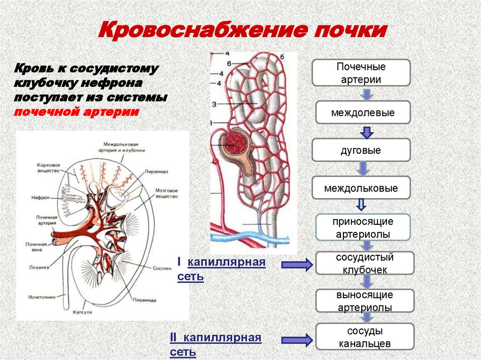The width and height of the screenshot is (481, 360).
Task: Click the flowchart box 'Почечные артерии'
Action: [x=361, y=72]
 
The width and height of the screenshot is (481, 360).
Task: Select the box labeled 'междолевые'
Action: [x=363, y=113]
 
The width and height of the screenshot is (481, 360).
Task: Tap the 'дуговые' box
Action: [x=361, y=151]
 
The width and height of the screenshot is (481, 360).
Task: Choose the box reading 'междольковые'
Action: [x=361, y=188]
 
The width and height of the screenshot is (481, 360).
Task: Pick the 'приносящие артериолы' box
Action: [x=363, y=228]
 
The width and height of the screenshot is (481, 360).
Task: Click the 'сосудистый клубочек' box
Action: [x=365, y=263]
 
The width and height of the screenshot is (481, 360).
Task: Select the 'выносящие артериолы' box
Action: [x=365, y=301]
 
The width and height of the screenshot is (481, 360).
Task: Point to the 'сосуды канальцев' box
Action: [x=365, y=337]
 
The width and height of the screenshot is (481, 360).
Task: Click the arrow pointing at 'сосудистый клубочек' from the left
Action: [x=297, y=265]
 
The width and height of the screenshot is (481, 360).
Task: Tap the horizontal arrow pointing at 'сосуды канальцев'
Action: [x=297, y=340]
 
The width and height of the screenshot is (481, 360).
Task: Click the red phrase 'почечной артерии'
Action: [x=76, y=112]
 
